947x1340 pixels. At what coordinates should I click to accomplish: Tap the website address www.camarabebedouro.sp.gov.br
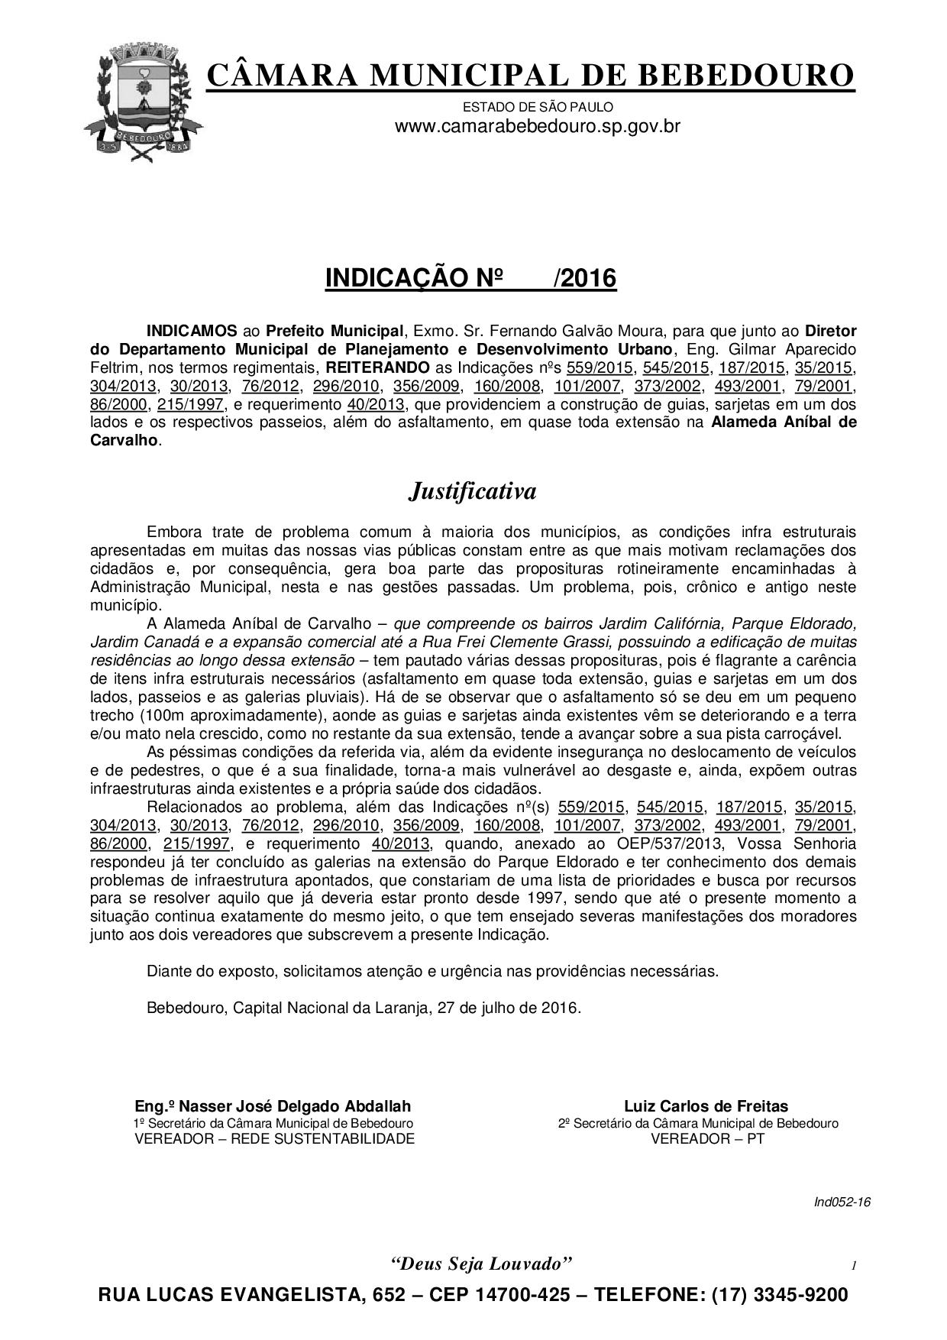[x=537, y=126]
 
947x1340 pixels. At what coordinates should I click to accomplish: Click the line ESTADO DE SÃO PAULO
[x=538, y=108]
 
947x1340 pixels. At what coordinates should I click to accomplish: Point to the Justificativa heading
[x=472, y=490]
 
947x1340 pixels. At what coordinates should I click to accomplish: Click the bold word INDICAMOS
[x=192, y=332]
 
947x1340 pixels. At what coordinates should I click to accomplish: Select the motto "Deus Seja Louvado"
[x=481, y=1263]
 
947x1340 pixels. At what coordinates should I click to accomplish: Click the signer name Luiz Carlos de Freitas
[x=706, y=1105]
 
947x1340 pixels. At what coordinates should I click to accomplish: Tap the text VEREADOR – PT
[x=706, y=1139]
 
